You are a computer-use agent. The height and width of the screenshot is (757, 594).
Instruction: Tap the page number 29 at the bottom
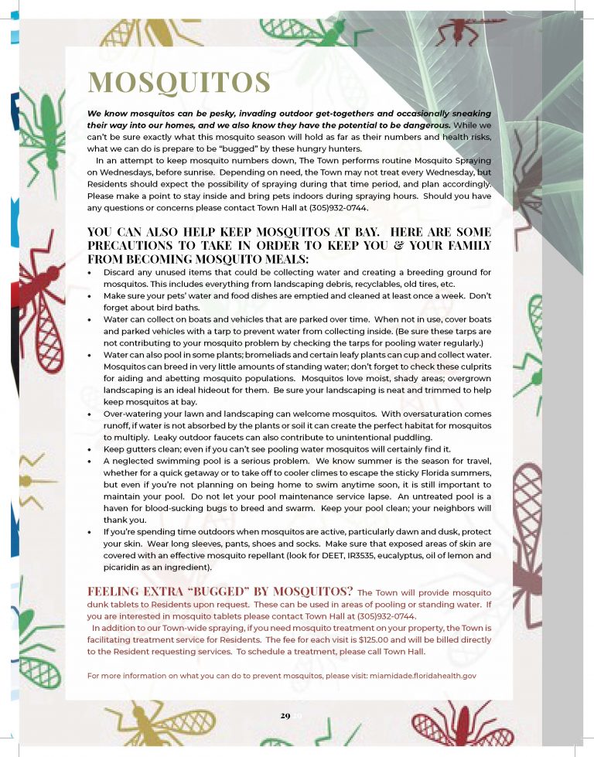click(x=285, y=715)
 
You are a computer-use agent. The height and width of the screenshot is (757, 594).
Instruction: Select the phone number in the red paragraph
click(x=386, y=616)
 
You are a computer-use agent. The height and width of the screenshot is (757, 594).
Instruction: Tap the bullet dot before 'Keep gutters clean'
click(x=91, y=448)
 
